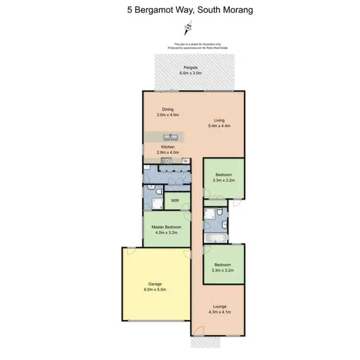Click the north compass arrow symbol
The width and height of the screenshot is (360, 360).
(187, 29)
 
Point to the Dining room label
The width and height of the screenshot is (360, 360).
(168, 109)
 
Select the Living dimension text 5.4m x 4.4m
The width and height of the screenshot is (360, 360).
(220, 126)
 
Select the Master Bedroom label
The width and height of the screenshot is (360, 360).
(166, 227)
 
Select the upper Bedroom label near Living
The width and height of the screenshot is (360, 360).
(224, 175)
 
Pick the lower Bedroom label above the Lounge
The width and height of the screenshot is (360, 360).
(223, 264)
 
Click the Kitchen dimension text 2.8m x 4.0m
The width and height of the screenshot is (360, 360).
(168, 153)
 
